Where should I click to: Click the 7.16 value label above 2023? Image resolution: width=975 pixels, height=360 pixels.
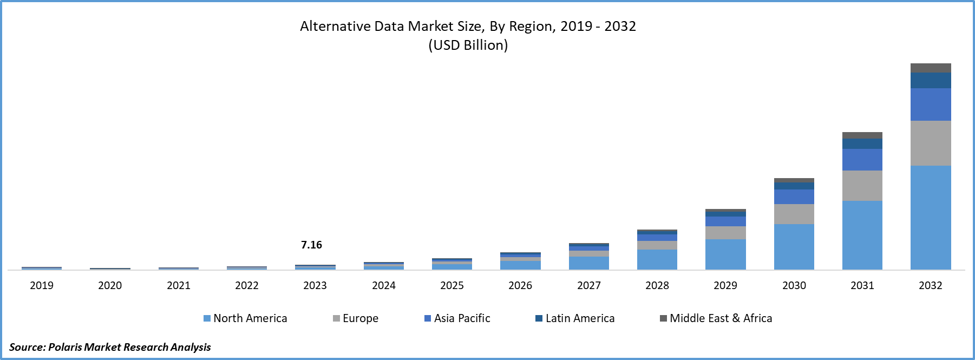(x=311, y=245)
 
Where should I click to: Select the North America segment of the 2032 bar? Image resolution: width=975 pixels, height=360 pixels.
(x=930, y=217)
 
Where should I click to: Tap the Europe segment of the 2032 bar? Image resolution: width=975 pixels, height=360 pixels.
(x=930, y=143)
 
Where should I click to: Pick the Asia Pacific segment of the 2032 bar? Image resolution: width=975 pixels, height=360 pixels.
(x=930, y=104)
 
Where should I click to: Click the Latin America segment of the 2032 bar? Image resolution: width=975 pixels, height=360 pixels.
(x=930, y=80)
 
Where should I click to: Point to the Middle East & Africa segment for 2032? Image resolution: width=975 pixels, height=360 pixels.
(x=930, y=68)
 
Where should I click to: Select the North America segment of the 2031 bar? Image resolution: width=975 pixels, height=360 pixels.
(x=862, y=235)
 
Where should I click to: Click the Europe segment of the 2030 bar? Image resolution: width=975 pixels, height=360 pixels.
(x=794, y=214)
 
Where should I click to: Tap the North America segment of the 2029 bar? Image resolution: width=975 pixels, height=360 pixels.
(x=725, y=254)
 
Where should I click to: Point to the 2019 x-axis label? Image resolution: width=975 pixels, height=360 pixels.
(x=42, y=285)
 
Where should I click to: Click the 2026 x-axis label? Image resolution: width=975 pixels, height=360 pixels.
(x=520, y=285)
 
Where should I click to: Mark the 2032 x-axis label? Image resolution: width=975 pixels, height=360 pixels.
(x=930, y=285)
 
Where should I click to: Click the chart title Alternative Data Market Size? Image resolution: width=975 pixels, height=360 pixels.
(x=468, y=26)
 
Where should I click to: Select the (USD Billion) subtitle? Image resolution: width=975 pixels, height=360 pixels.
(x=468, y=45)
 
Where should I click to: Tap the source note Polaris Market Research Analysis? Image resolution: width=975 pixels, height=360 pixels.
(x=110, y=347)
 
